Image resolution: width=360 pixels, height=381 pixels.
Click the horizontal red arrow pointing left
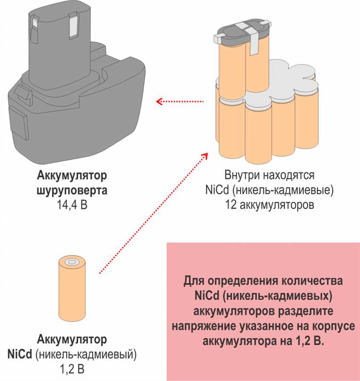[180, 101]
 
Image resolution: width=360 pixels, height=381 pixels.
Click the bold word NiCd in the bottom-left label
[20, 356]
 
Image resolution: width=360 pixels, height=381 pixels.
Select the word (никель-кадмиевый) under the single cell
[86, 356]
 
